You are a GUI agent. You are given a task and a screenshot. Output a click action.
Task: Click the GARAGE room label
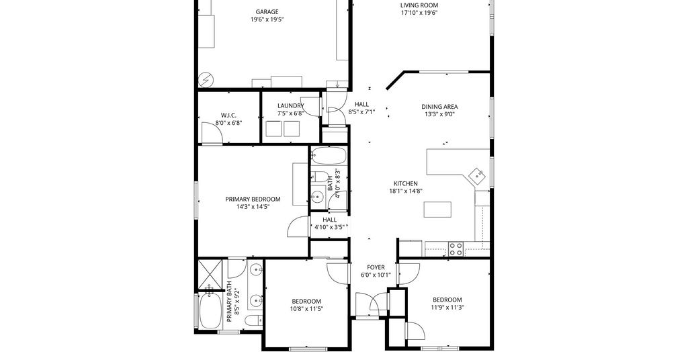tap(267, 12)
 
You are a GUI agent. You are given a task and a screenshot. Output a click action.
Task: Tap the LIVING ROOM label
tap(419, 5)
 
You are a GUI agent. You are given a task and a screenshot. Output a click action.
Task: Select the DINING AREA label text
tap(439, 107)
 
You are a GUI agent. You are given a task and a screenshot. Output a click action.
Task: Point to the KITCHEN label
tap(405, 183)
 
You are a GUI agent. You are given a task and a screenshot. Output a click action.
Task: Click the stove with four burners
tap(456, 249)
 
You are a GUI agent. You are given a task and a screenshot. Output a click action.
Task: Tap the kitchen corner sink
tap(478, 175)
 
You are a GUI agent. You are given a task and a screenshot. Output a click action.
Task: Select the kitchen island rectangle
tap(437, 210)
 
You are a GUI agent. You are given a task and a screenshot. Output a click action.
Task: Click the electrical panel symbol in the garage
tap(206, 80)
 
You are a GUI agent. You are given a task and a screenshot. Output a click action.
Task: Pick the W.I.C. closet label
tap(228, 116)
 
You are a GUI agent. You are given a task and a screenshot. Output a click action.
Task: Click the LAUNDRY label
tap(290, 105)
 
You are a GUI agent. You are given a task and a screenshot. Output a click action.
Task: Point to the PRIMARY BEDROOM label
tap(253, 199)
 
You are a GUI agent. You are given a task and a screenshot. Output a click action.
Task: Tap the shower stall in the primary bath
tap(210, 275)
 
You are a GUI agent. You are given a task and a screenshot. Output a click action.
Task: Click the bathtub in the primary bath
tap(210, 310)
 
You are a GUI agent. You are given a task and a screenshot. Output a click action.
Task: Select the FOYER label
tap(376, 267)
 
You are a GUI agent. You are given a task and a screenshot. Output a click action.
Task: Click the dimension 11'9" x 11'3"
tap(447, 308)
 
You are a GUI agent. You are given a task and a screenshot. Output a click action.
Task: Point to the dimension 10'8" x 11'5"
tap(306, 309)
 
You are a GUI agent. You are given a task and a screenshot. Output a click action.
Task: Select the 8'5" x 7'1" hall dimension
tap(361, 111)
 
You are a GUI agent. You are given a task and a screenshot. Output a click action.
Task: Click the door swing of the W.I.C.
tap(212, 132)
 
